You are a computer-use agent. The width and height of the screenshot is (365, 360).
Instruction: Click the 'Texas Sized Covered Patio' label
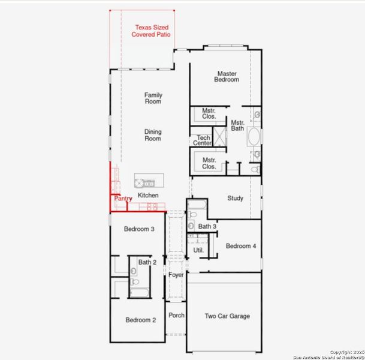(x=152, y=31)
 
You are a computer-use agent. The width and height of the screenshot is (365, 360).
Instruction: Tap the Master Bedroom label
(x=227, y=77)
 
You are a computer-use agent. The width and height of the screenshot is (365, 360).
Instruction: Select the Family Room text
(x=153, y=98)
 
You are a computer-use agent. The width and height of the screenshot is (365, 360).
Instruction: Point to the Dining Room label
(x=153, y=135)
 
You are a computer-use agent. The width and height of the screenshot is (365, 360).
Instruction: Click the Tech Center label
(x=201, y=140)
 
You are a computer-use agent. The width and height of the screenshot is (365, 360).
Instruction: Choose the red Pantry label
(x=123, y=199)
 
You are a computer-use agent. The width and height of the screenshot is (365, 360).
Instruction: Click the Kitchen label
(x=149, y=196)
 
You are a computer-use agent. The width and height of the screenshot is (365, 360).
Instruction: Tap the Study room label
(x=235, y=198)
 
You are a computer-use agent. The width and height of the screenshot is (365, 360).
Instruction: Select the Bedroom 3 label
(x=139, y=229)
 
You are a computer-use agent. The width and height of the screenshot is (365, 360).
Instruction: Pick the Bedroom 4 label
(x=241, y=246)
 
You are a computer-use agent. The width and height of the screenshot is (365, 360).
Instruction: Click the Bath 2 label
(x=147, y=262)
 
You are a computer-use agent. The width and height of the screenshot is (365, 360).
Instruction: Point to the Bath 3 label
(x=207, y=227)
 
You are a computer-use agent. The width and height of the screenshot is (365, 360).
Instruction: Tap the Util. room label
(x=198, y=250)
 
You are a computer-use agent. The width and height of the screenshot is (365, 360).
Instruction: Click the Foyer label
(x=176, y=275)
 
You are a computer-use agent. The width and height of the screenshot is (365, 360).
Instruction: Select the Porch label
(x=176, y=315)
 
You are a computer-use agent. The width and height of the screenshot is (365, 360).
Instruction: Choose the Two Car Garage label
(x=227, y=316)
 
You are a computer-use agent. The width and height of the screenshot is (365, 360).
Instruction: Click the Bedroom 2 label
(x=141, y=320)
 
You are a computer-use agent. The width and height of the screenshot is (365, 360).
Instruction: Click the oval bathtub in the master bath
(x=254, y=136)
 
